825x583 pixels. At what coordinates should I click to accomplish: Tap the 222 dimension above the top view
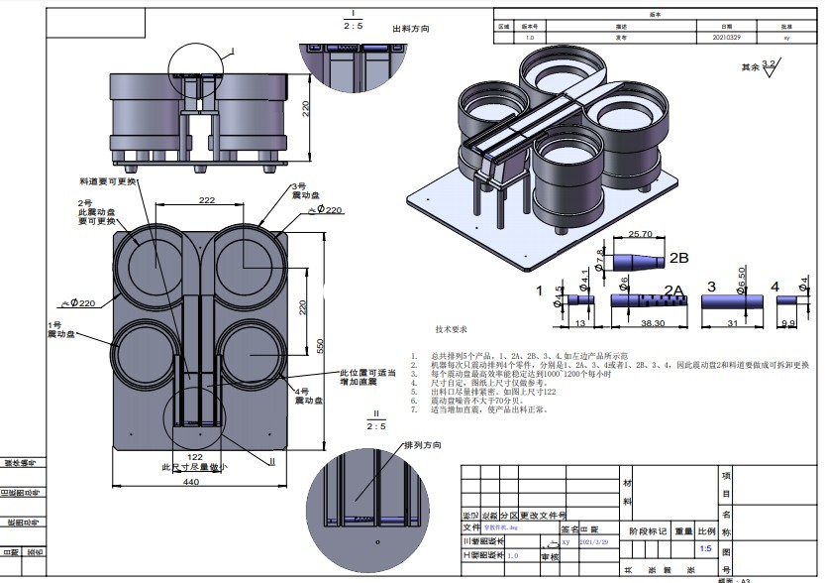click(x=207, y=200)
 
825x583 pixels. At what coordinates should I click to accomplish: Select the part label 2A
click(x=673, y=291)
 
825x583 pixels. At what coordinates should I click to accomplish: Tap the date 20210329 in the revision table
click(x=726, y=37)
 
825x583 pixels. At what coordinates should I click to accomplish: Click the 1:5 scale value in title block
click(x=705, y=548)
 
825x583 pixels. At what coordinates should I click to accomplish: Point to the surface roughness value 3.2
click(x=768, y=62)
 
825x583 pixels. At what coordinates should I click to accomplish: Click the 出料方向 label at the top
click(x=411, y=30)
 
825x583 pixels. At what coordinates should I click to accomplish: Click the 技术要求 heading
click(x=451, y=329)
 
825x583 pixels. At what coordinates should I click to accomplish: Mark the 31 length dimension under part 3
click(x=731, y=323)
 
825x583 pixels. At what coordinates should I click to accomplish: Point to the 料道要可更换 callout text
click(x=109, y=182)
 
